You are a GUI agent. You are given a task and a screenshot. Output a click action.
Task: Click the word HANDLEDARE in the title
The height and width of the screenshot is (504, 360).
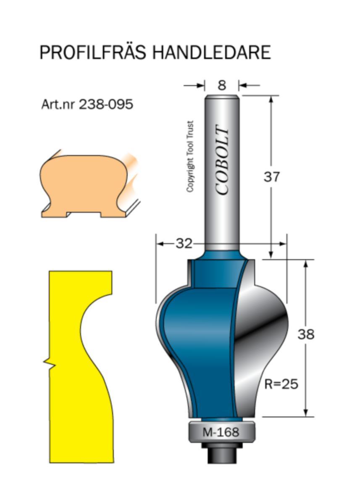(x=211, y=52)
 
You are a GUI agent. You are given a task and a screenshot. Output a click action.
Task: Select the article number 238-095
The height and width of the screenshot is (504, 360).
(x=106, y=104)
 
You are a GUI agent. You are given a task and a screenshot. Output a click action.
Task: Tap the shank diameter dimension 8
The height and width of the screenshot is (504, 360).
(x=222, y=85)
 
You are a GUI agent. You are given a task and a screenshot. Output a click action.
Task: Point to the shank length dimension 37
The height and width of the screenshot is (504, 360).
(x=271, y=177)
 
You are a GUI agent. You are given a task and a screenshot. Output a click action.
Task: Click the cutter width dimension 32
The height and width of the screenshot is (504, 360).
(x=184, y=243)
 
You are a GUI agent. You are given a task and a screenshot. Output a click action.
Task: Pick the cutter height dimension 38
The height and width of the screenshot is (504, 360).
(x=306, y=335)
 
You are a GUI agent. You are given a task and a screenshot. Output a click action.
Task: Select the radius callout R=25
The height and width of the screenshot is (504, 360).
(x=281, y=383)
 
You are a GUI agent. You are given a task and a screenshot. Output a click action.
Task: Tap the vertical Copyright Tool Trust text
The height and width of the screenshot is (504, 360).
(x=190, y=157)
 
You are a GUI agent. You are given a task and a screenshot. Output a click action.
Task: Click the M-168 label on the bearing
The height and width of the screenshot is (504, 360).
(x=221, y=432)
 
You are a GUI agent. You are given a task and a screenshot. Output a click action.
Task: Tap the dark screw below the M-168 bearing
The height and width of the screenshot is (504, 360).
(x=221, y=454)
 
